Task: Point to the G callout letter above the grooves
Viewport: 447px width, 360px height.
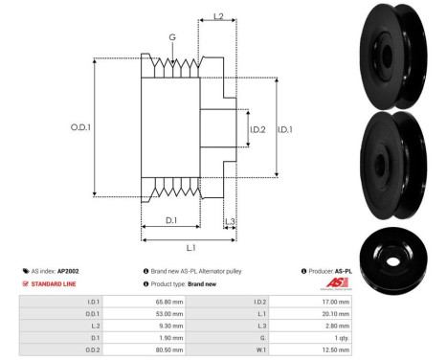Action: click(x=172, y=38)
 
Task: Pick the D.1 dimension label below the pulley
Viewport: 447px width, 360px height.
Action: click(x=169, y=221)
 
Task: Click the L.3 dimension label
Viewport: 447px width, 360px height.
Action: click(x=230, y=221)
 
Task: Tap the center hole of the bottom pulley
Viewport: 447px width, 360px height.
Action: click(x=394, y=258)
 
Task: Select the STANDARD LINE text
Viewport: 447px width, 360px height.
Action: click(x=56, y=284)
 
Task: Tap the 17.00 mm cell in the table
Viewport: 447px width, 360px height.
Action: click(x=338, y=301)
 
